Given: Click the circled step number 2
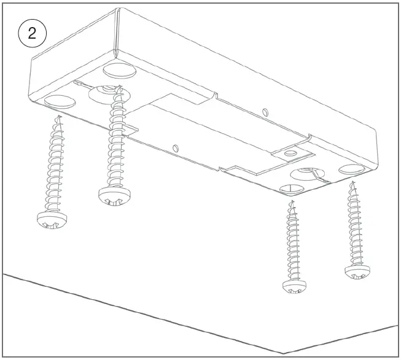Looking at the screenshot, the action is pyautogui.click(x=32, y=33).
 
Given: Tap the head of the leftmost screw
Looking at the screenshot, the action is pyautogui.click(x=52, y=220).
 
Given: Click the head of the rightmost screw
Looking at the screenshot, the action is pyautogui.click(x=357, y=272).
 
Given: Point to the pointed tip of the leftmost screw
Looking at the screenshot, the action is pyautogui.click(x=60, y=116).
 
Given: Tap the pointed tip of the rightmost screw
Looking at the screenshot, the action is pyautogui.click(x=354, y=182).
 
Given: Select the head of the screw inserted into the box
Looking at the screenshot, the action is pyautogui.click(x=115, y=196).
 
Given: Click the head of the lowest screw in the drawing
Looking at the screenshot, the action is pyautogui.click(x=294, y=286).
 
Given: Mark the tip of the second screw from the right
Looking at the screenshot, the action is pyautogui.click(x=292, y=202).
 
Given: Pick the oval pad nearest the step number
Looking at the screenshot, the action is pyautogui.click(x=119, y=71).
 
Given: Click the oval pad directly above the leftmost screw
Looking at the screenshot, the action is pyautogui.click(x=60, y=101).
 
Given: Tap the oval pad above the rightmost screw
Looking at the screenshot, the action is pyautogui.click(x=352, y=169).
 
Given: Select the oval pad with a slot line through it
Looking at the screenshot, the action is pyautogui.click(x=293, y=189).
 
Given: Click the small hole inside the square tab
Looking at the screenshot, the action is pyautogui.click(x=290, y=153).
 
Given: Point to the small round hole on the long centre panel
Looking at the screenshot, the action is pyautogui.click(x=175, y=148).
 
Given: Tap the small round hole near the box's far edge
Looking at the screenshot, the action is pyautogui.click(x=265, y=112).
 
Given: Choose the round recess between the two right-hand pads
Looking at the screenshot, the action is pyautogui.click(x=308, y=174).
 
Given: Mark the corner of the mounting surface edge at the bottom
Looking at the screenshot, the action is pyautogui.click(x=283, y=354).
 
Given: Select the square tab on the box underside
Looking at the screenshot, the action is pyautogui.click(x=293, y=155).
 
